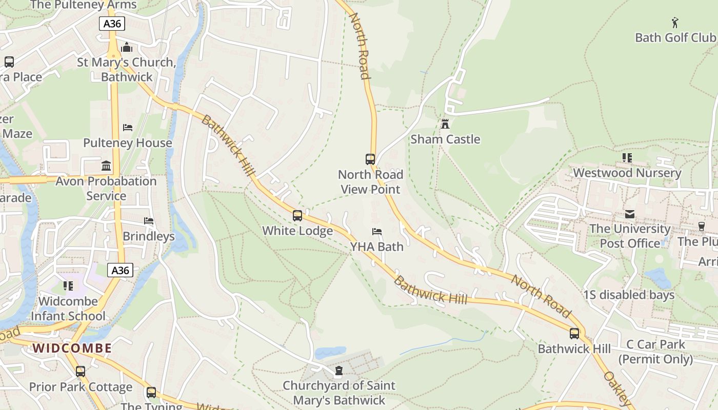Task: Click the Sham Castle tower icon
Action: pos(445,124)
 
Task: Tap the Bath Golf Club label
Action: pos(675,37)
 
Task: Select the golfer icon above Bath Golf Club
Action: pos(675,23)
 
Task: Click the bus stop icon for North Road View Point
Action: pos(370,159)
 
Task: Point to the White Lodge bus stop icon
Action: pos(297,216)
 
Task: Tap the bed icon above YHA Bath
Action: pos(377,232)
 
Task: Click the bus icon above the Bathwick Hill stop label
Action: pos(574,334)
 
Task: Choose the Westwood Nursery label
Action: pos(627,173)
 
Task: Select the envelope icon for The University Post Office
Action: pos(630,214)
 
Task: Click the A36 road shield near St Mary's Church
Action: pos(112,23)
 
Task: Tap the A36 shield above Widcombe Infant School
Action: pos(121,270)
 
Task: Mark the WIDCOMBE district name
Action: pos(72,348)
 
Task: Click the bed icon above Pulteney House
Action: pos(128,128)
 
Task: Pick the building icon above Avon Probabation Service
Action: pos(106,166)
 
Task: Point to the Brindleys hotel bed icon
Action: pos(149,221)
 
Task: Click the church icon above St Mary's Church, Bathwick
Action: pos(127,48)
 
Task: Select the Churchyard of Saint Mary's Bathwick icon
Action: pos(338,371)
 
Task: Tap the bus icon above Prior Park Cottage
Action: pos(81,372)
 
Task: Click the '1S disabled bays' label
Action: pos(629,295)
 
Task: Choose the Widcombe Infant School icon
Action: pos(68,286)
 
